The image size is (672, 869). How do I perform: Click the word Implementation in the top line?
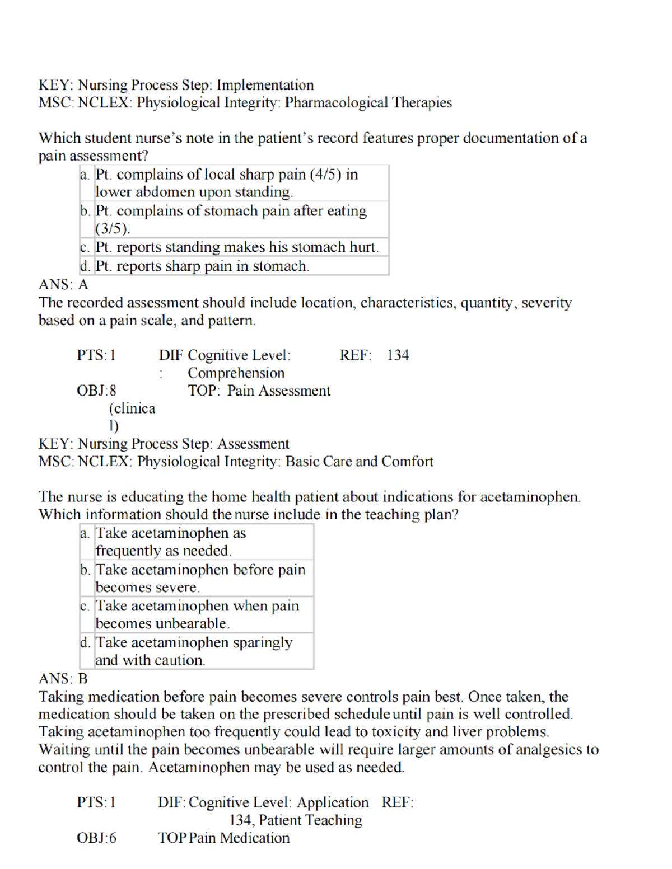(265, 85)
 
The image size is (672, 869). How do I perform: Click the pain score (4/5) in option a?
(325, 175)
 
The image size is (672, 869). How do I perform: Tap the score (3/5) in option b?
(113, 228)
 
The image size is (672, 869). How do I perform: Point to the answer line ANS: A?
(63, 285)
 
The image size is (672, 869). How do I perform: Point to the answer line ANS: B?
(63, 679)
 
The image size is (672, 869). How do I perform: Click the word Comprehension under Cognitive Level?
(236, 373)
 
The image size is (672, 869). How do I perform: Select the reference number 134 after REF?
(398, 355)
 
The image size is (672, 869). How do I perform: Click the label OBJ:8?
(96, 391)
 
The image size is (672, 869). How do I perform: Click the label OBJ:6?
(96, 838)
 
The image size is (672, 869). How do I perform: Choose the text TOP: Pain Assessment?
(259, 391)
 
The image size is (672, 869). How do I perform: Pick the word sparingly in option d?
(262, 642)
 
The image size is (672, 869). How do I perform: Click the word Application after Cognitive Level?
(333, 802)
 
